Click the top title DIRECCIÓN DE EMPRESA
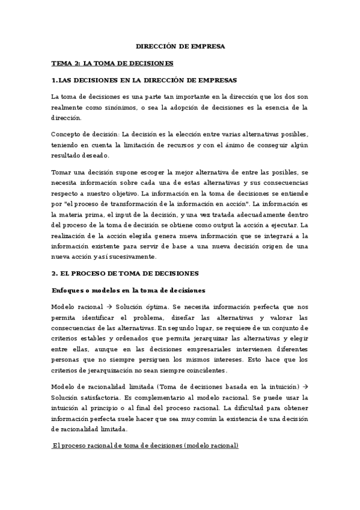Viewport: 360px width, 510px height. [180, 46]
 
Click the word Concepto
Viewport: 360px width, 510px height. [68, 134]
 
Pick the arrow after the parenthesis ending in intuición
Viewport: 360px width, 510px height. [305, 386]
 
